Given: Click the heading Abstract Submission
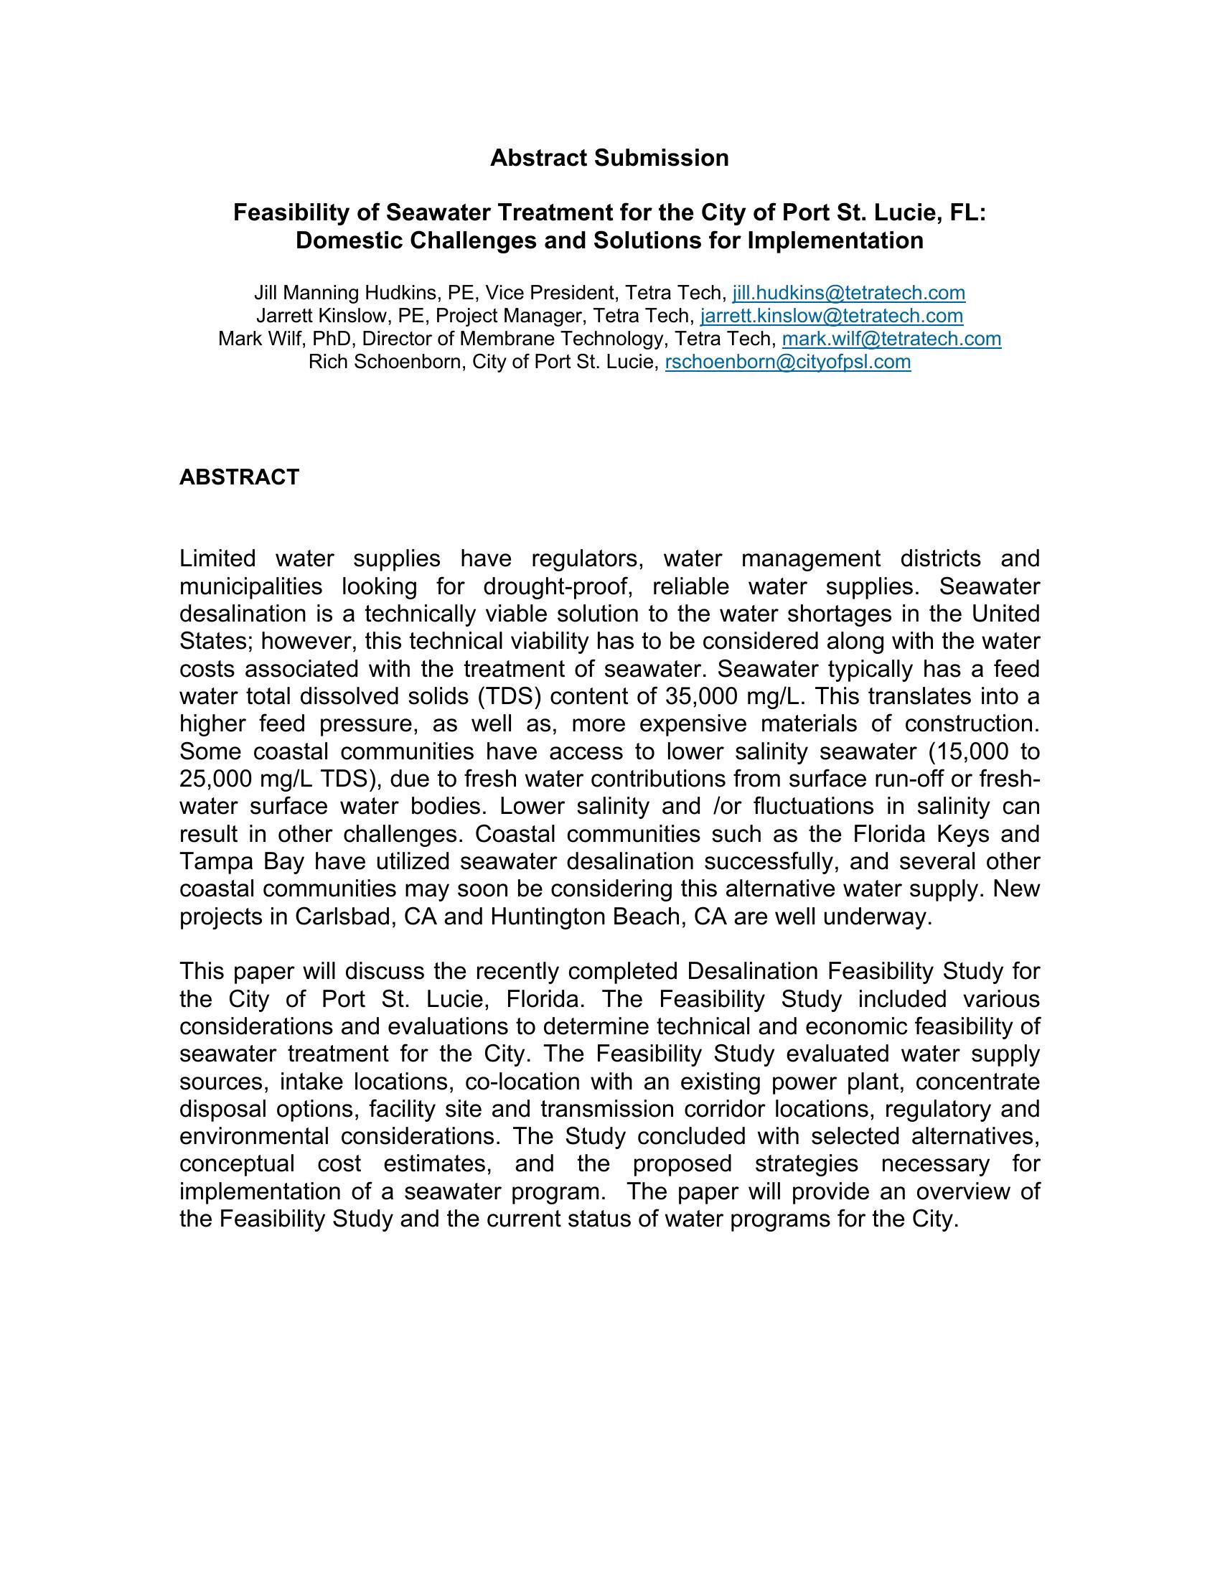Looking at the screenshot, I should pos(609,158).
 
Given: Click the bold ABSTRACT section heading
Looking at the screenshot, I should pos(239,477).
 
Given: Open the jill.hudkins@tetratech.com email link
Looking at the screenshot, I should pos(848,293).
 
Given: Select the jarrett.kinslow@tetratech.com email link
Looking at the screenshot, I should pos(831,316).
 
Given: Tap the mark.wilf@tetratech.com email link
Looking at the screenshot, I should pos(891,339).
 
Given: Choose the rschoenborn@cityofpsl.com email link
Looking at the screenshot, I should pos(787,362).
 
